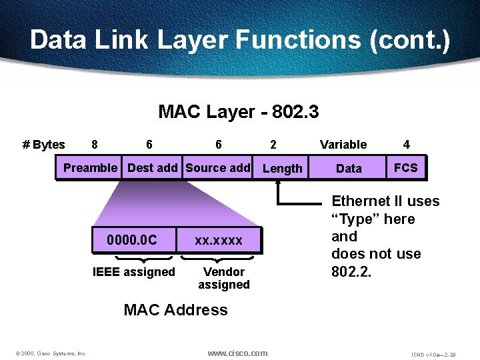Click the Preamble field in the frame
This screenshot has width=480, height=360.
pos(90,168)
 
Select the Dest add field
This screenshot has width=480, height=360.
pos(152,168)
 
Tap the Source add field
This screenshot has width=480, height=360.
pos(218,168)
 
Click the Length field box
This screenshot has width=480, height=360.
pos(282,169)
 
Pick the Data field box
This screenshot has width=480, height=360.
pos(349,169)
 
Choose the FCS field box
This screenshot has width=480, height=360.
pos(405,168)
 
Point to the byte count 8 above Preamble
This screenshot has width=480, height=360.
pos(95,145)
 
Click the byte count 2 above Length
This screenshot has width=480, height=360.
pos(273,145)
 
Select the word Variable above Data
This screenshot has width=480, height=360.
pos(343,145)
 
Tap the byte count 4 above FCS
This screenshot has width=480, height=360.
pos(407,145)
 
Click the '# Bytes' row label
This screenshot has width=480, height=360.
pos(44,145)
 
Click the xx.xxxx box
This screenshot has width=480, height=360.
pos(219,240)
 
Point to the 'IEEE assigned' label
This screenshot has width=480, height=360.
pos(133,272)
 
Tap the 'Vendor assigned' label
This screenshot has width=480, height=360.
pos(223,278)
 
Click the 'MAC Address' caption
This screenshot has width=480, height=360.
pos(176,310)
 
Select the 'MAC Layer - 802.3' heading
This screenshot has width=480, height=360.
pos(239,111)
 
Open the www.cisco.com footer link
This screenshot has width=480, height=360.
pos(237,353)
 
